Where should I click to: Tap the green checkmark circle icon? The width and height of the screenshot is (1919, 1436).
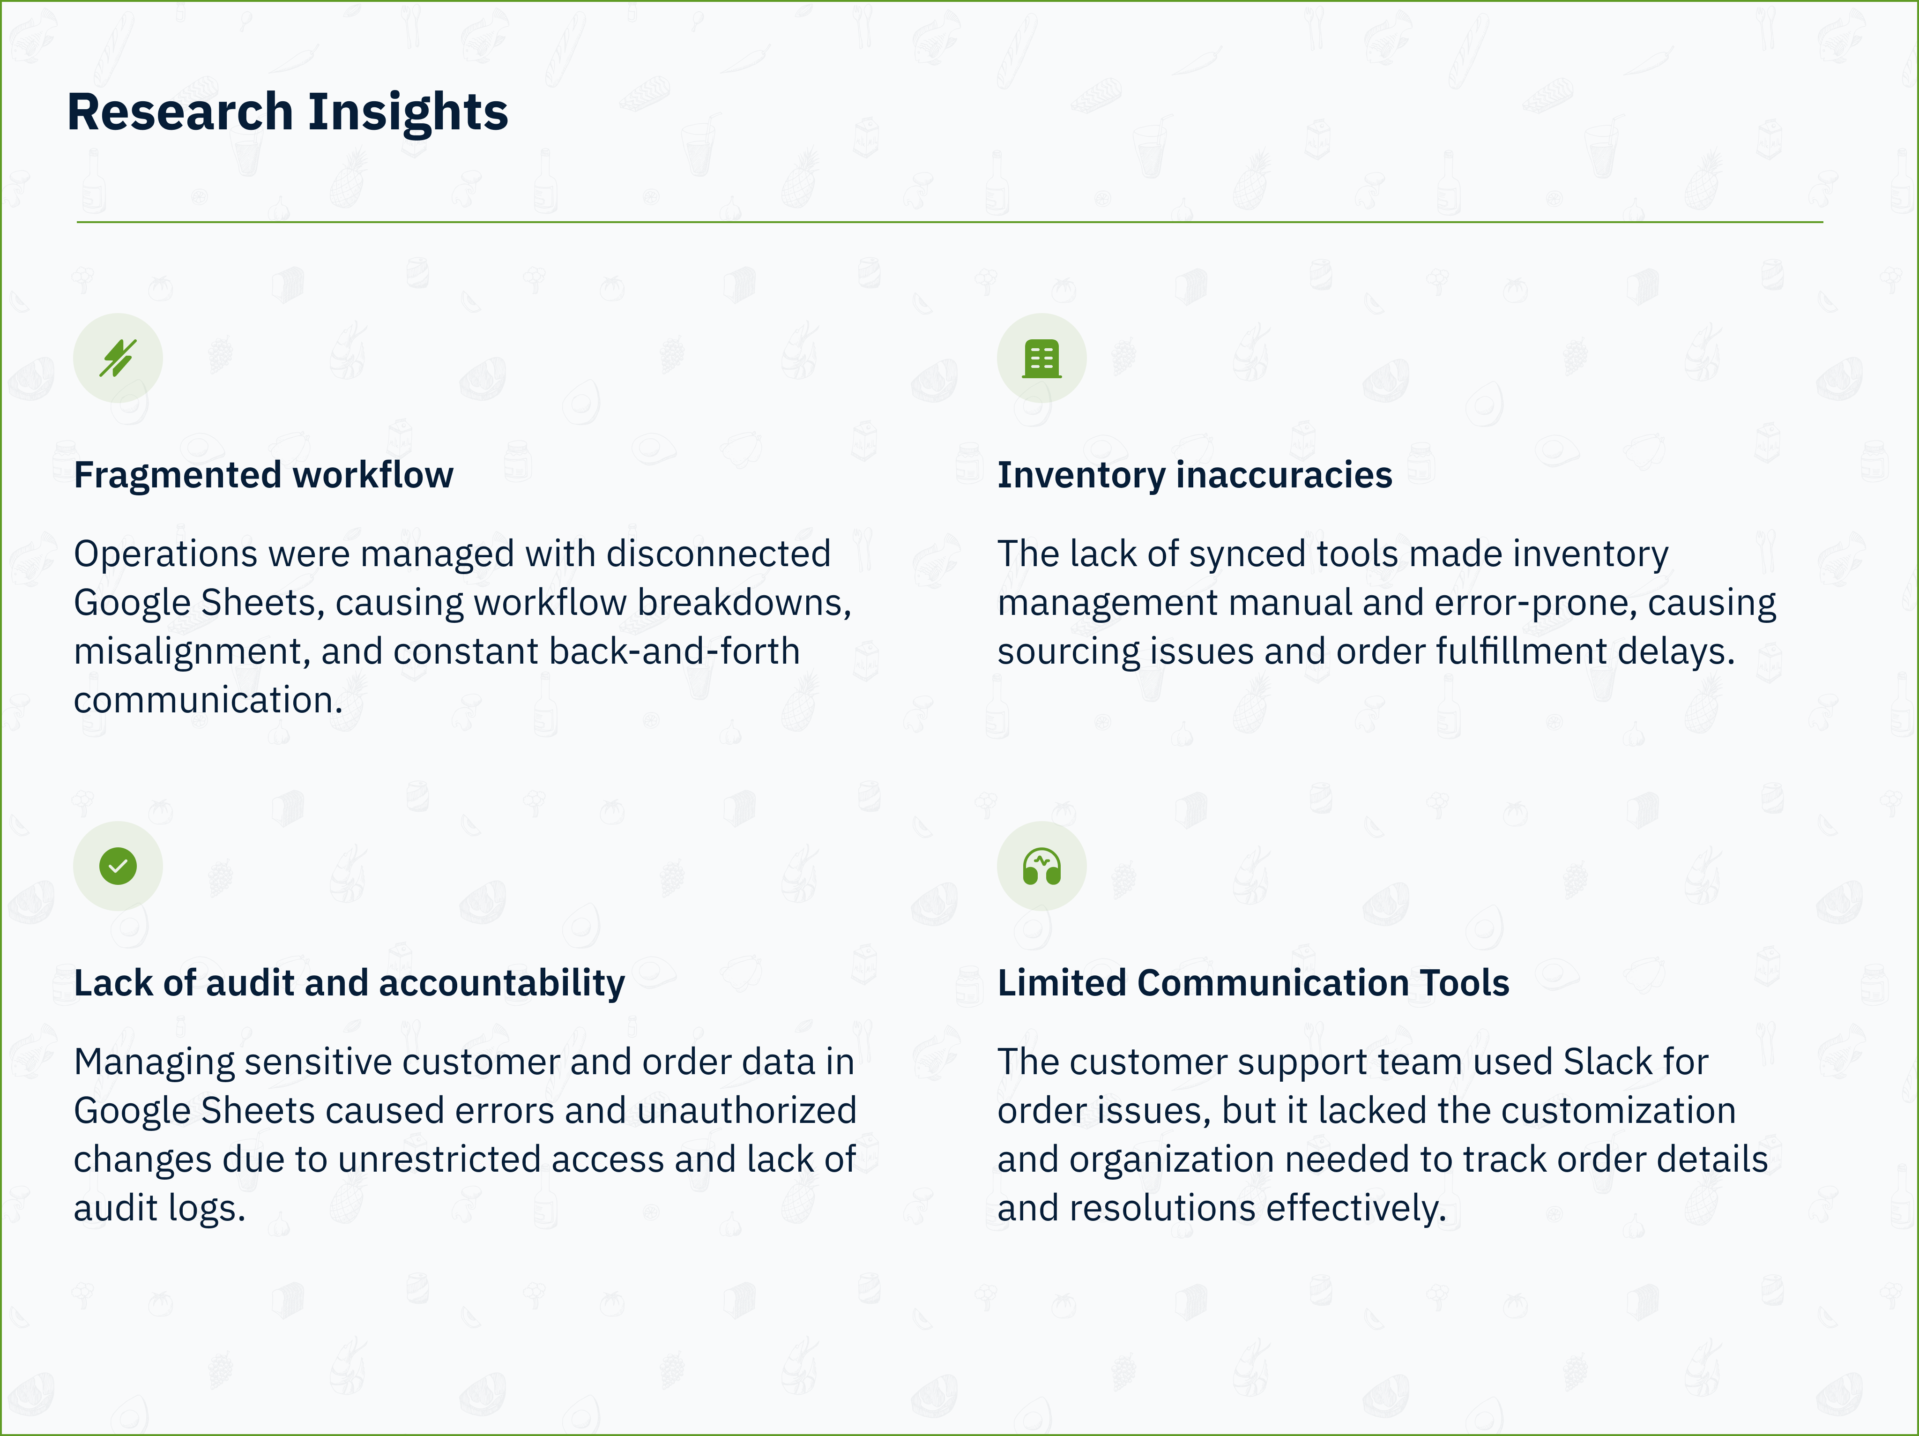pyautogui.click(x=118, y=866)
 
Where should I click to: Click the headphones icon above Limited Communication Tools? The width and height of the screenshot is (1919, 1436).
pyautogui.click(x=1042, y=866)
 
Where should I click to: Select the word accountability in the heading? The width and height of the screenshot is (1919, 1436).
pyautogui.click(x=501, y=984)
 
